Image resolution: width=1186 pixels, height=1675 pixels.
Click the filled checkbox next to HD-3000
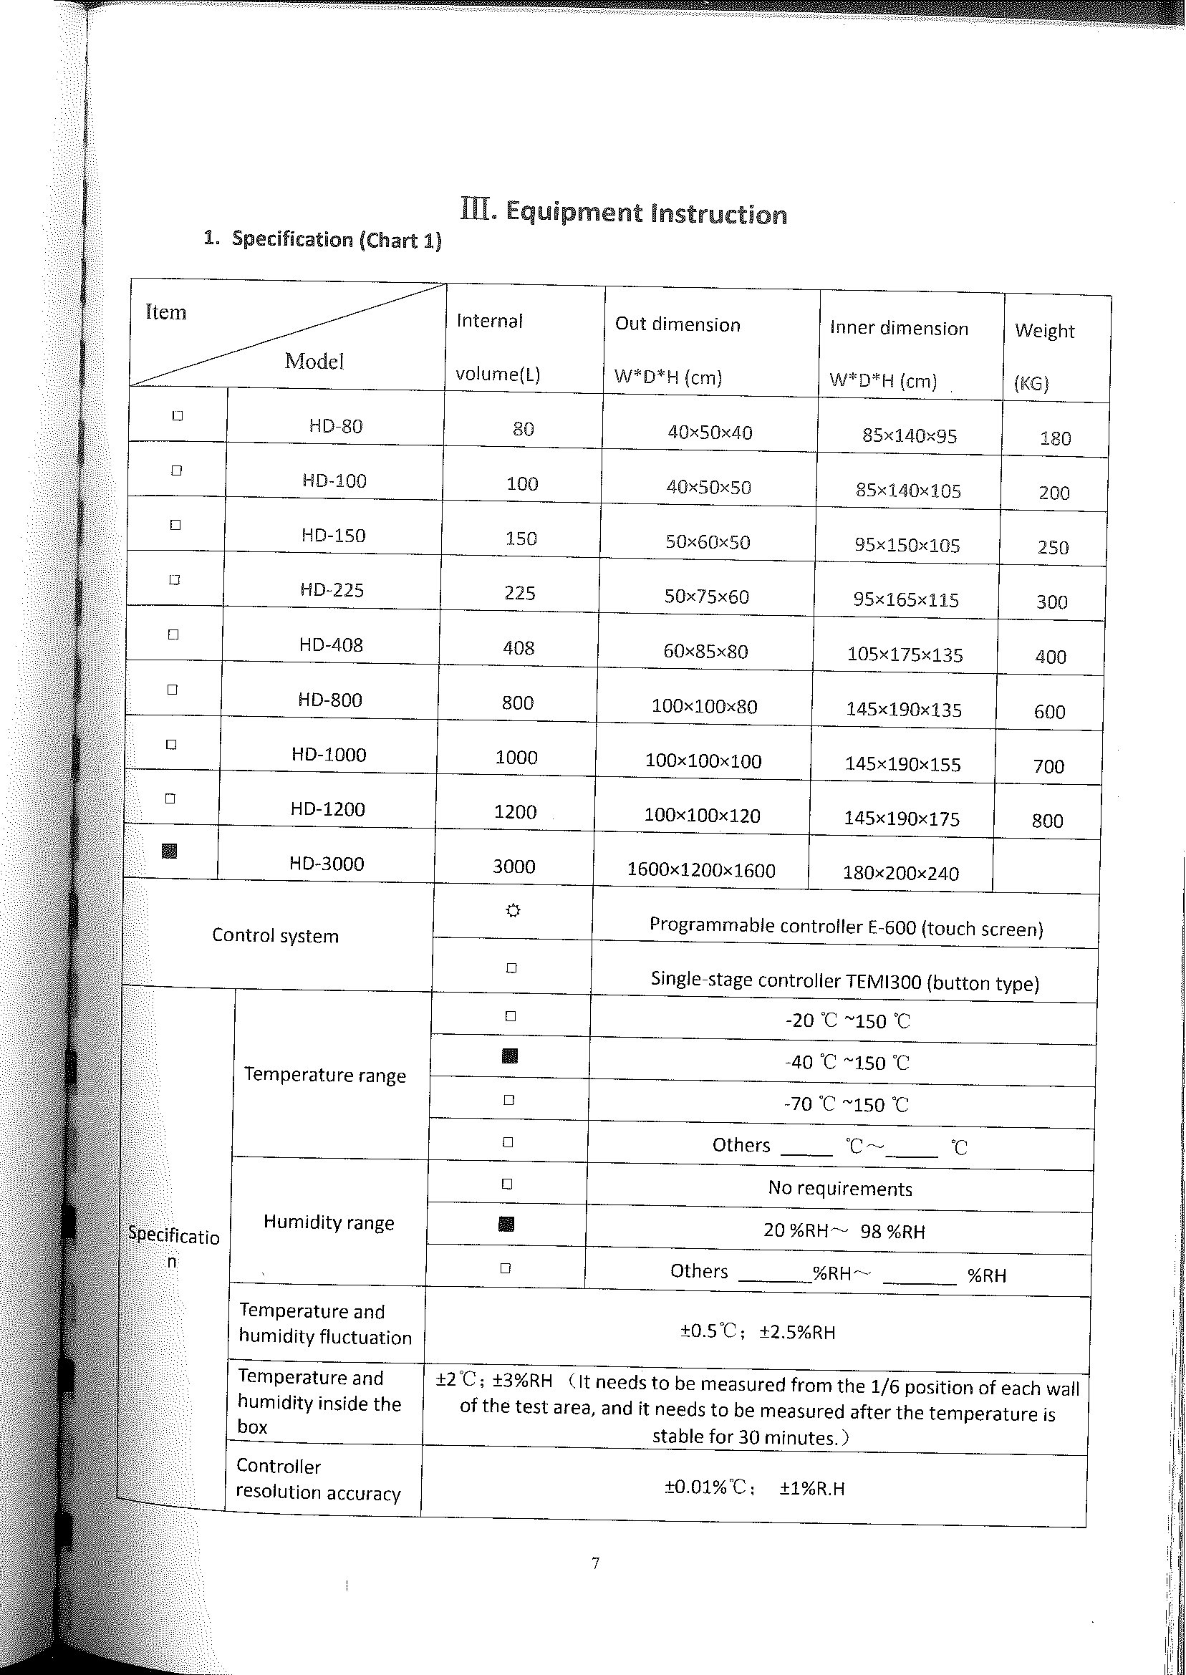point(170,851)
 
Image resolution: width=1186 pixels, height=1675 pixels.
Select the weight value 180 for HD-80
point(1055,439)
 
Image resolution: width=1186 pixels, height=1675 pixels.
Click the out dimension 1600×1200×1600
point(701,870)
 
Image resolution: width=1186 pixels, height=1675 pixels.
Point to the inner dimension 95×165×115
point(905,600)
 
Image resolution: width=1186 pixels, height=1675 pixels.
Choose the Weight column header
point(1044,332)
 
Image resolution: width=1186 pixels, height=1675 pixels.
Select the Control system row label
point(275,936)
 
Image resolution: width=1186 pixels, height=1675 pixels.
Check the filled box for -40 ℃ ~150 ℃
point(511,1056)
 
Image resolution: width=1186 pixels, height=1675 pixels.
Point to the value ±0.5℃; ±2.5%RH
point(757,1333)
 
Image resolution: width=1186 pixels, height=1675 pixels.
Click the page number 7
point(595,1563)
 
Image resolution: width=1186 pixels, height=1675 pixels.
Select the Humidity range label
point(329,1223)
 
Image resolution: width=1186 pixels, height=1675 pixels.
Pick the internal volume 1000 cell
point(516,758)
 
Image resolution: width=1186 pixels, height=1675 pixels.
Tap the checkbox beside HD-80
point(178,416)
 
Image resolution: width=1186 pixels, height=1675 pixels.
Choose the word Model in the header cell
point(314,362)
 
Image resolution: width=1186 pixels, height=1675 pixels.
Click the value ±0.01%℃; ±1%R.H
point(754,1489)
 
